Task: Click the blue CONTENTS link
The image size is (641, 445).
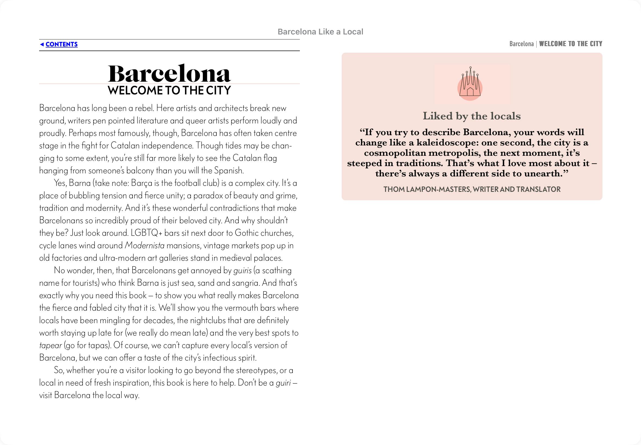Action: tap(61, 44)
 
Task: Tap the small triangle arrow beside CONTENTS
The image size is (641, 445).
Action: tap(42, 44)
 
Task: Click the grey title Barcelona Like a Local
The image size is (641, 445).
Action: tap(320, 32)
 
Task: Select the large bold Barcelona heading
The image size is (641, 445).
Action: tap(169, 73)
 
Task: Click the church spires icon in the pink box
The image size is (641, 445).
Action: tap(470, 84)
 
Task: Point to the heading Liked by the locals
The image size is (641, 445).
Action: tap(472, 116)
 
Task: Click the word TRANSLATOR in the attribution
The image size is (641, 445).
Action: tap(538, 189)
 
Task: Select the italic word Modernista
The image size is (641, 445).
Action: tap(144, 245)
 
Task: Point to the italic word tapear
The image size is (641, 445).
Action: tap(50, 345)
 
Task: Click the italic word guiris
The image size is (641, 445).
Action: tap(242, 271)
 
